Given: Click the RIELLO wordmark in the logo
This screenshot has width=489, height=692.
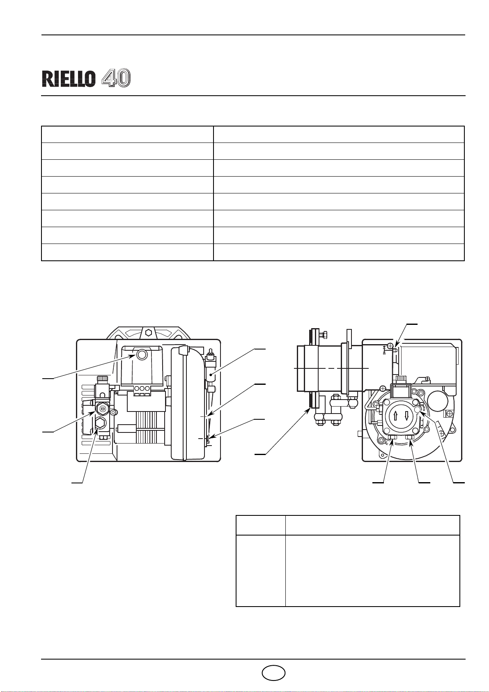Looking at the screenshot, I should pos(69,78).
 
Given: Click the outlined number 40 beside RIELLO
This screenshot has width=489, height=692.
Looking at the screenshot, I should pos(117,78).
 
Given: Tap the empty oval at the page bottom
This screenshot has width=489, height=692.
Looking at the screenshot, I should pos(273,673).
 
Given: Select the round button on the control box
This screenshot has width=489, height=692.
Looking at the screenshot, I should pos(142,354).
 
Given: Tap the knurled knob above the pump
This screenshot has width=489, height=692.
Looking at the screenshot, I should pos(401,378).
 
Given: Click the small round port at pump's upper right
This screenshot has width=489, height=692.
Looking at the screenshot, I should pos(418,409).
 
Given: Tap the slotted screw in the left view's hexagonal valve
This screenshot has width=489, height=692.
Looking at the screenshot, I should pos(102,408).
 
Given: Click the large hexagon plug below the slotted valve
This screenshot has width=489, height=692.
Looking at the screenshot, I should pos(100,424).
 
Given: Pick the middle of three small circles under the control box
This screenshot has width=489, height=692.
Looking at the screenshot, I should pos(142,389).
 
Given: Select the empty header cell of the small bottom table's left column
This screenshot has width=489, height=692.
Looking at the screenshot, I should pos(260,525).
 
